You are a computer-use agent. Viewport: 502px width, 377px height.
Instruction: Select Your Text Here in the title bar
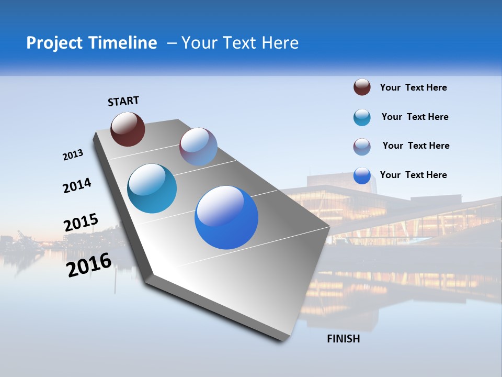(240, 43)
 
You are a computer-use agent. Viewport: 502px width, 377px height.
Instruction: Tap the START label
(123, 101)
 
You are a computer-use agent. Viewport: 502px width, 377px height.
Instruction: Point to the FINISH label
(344, 339)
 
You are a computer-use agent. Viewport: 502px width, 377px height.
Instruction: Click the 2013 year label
(73, 155)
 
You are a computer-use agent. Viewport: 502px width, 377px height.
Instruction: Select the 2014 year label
(77, 185)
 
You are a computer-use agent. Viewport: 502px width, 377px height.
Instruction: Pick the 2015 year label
(81, 223)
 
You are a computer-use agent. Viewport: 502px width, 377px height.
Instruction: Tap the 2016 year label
(89, 265)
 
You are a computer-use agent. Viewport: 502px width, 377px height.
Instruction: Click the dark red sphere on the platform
(128, 129)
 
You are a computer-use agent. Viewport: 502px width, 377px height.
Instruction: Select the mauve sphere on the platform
(198, 147)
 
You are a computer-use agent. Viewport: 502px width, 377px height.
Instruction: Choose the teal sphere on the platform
(152, 188)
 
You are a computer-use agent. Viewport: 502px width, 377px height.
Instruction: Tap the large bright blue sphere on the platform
(226, 217)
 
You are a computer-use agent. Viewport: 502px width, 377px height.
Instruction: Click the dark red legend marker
(362, 87)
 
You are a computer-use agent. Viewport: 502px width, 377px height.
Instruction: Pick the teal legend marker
(362, 117)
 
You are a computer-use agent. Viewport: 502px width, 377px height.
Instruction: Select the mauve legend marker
(362, 147)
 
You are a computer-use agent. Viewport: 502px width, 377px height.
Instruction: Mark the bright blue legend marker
(362, 175)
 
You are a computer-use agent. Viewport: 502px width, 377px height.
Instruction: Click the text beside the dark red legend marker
(413, 87)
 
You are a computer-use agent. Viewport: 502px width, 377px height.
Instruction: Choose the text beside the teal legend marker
(415, 117)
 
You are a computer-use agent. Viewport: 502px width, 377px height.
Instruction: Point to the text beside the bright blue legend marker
(413, 175)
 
